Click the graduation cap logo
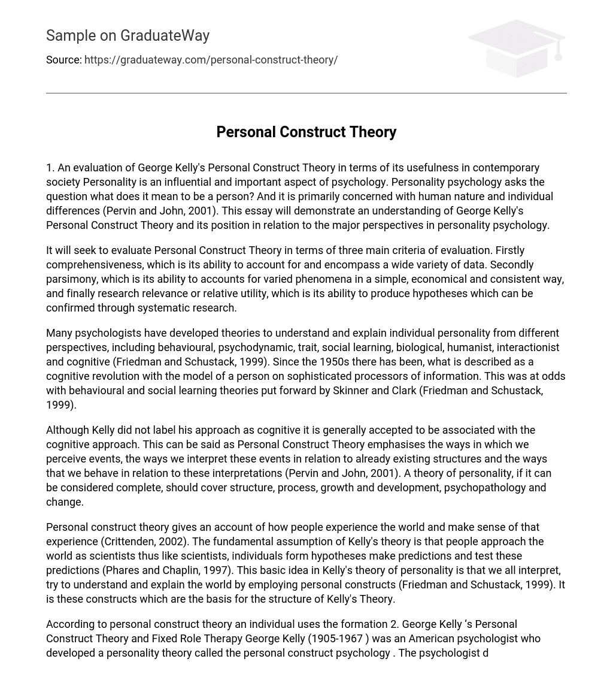pos(516,48)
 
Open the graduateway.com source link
pos(211,60)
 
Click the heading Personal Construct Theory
pos(306,132)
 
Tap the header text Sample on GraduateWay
pos(128,36)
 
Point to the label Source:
pos(63,60)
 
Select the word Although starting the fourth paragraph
pos(67,430)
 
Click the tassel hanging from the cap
pos(558,52)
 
